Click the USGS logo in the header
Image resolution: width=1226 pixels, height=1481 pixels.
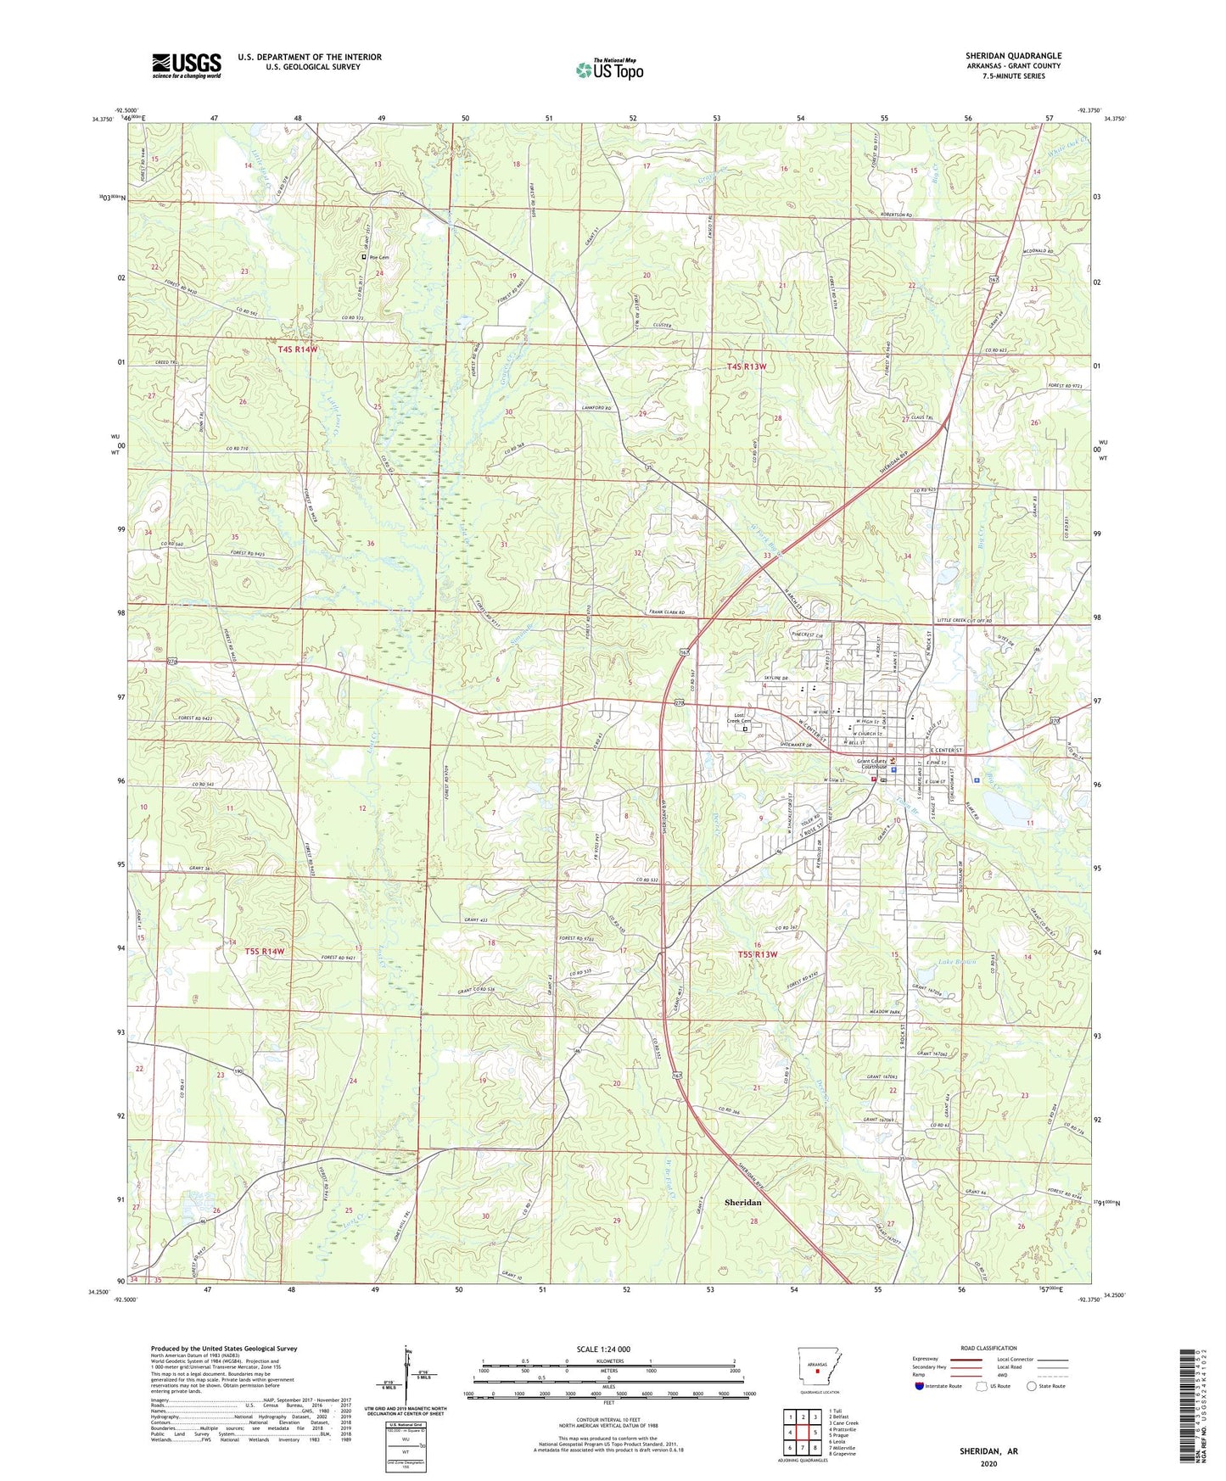click(187, 65)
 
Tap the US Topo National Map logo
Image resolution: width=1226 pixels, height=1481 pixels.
click(609, 70)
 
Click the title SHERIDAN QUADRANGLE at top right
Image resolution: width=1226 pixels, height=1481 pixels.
click(1013, 56)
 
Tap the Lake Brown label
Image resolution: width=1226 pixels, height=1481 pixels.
click(957, 961)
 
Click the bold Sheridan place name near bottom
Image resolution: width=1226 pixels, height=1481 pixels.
click(742, 1202)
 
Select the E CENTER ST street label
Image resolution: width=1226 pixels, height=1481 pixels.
click(946, 751)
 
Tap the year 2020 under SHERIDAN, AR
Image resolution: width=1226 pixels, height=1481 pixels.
click(988, 1463)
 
